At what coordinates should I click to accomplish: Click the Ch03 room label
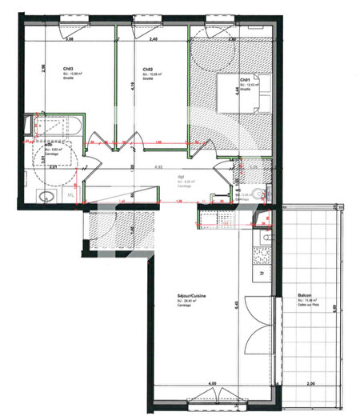(x=46, y=69)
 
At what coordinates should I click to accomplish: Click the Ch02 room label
(x=148, y=69)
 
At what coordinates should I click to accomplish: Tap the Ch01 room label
(x=246, y=79)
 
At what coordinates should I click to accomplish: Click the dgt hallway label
(x=182, y=177)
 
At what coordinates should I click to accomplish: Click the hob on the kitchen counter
(x=262, y=255)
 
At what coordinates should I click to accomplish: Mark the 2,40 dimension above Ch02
(x=153, y=38)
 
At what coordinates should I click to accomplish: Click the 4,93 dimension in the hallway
(x=159, y=166)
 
